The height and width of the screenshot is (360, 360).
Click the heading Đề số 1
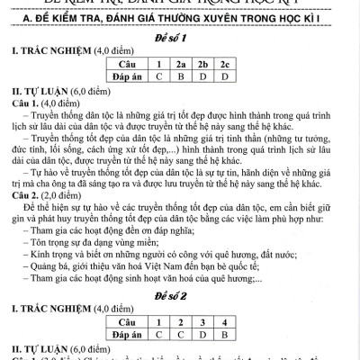coord(180,40)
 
